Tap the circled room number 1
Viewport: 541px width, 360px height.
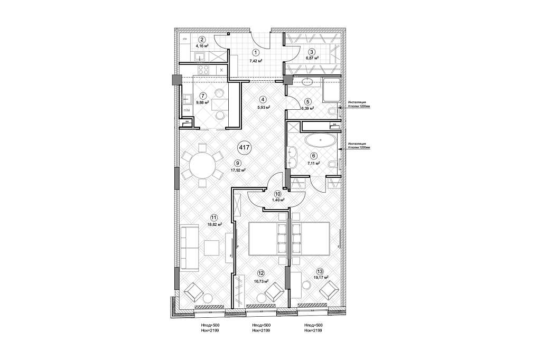click(255, 52)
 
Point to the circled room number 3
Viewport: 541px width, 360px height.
click(312, 52)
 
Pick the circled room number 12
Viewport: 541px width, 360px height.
click(261, 273)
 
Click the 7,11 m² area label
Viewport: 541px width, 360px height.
click(314, 164)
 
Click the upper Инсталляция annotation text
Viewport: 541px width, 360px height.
click(359, 103)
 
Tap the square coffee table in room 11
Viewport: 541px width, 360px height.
click(212, 247)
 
